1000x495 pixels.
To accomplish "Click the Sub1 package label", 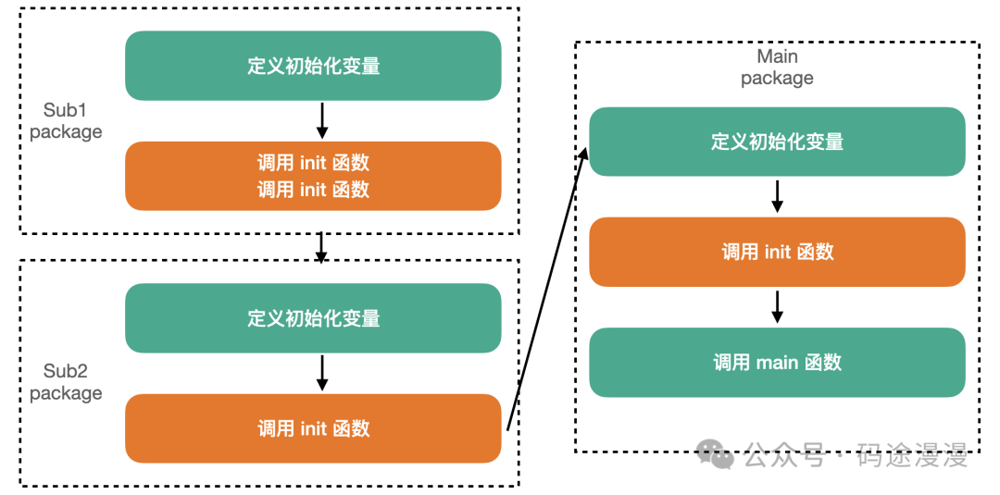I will click(x=66, y=121).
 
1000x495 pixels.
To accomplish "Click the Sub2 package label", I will click(x=66, y=382).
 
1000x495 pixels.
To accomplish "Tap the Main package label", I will click(x=777, y=68).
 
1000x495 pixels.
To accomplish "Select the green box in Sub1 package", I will click(x=313, y=66).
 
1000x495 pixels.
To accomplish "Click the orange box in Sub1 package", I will click(x=313, y=176).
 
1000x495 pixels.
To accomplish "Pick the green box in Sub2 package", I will click(x=313, y=318).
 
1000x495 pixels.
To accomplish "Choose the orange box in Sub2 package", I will click(x=313, y=428).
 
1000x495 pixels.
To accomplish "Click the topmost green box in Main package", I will click(x=777, y=142).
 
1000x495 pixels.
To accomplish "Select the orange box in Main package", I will click(x=777, y=252).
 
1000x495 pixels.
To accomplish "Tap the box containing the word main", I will click(x=777, y=363).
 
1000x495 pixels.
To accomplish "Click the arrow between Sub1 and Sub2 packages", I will click(x=321, y=247).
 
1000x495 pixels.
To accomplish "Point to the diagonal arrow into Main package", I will click(x=547, y=288).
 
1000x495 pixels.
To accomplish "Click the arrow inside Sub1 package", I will click(x=321, y=120).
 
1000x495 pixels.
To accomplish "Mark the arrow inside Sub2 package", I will click(x=321, y=373).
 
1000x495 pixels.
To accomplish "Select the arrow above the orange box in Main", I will click(x=778, y=196).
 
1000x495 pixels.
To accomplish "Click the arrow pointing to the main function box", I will click(x=778, y=307).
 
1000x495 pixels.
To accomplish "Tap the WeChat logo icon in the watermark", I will click(x=716, y=453).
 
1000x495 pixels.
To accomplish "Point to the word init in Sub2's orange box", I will click(x=313, y=428).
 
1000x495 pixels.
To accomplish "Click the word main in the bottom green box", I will click(x=777, y=363).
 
